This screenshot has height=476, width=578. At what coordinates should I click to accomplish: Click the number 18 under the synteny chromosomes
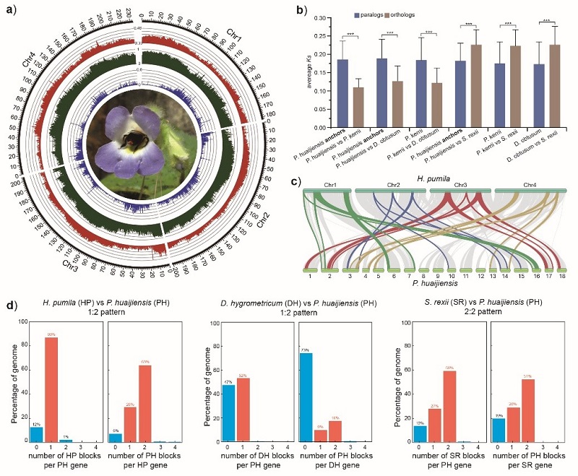[x=563, y=276]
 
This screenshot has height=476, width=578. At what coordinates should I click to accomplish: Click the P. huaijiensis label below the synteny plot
[x=435, y=286]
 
